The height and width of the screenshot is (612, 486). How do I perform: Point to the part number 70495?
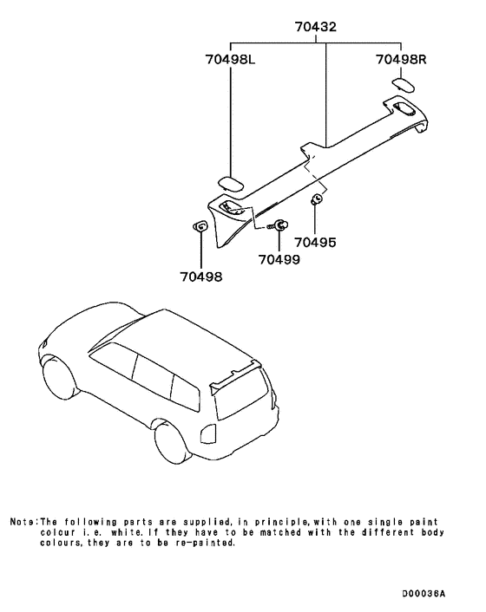pyautogui.click(x=315, y=244)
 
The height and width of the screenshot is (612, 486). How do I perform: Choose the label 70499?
pyautogui.click(x=279, y=259)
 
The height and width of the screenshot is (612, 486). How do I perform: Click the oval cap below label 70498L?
pyautogui.click(x=231, y=182)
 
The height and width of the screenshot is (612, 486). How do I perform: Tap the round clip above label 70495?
pyautogui.click(x=317, y=200)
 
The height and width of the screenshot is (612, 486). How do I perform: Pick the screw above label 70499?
pyautogui.click(x=280, y=225)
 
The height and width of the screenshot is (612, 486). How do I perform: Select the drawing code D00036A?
pyautogui.click(x=423, y=594)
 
